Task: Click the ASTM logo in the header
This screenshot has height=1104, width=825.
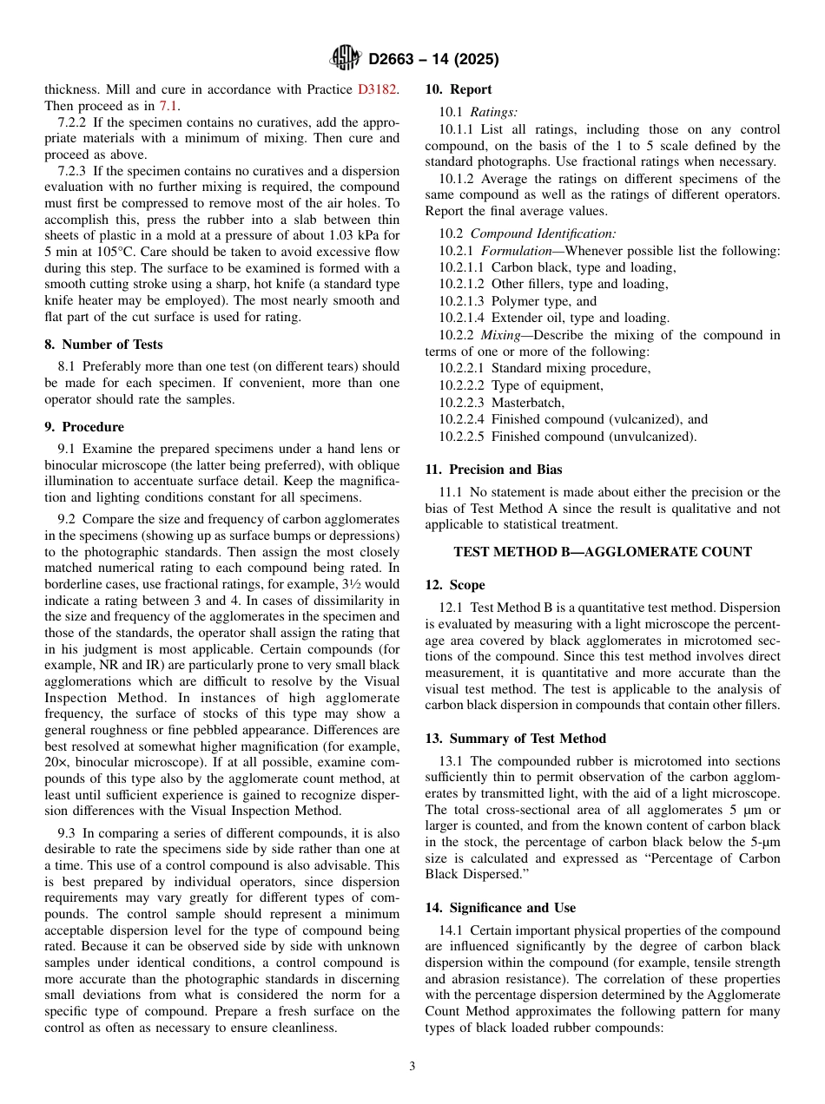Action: tap(346, 58)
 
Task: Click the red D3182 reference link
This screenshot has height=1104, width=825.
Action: tap(378, 89)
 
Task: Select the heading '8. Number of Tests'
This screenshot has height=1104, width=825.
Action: tap(103, 345)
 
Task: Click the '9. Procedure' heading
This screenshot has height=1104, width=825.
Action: tap(84, 427)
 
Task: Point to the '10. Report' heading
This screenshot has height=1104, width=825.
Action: tap(458, 89)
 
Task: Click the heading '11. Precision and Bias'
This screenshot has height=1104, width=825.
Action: tap(493, 470)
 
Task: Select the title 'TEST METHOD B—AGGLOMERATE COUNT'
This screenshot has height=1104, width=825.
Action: tap(603, 552)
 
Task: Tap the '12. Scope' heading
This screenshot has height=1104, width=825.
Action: tap(455, 585)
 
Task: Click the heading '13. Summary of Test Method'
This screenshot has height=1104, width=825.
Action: tap(515, 739)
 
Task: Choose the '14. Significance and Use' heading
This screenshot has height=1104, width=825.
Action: tap(500, 908)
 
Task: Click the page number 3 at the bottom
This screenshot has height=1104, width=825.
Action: tap(412, 1066)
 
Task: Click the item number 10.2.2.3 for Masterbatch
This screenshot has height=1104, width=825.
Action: tap(461, 403)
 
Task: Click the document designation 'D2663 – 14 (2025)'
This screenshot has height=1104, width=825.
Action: tap(433, 60)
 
